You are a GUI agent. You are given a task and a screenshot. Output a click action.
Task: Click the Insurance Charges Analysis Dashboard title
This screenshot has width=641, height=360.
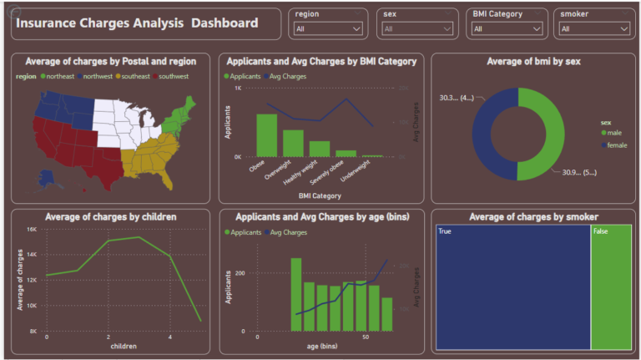[x=138, y=23]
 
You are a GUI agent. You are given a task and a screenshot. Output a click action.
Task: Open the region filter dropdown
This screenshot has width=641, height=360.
[x=328, y=29]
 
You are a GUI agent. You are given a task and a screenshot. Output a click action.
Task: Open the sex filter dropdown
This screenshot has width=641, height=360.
[x=416, y=29]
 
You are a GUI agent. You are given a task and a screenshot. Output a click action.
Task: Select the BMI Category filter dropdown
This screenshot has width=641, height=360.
[x=506, y=29]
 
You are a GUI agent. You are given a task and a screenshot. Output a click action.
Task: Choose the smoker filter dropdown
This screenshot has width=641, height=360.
[x=593, y=29]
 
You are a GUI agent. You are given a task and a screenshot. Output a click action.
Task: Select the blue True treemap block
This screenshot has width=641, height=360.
[x=512, y=288]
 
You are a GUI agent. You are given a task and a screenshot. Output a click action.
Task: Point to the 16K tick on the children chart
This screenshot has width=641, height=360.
[x=31, y=229]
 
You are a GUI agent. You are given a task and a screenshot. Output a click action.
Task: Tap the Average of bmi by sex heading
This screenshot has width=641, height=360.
[x=532, y=61]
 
